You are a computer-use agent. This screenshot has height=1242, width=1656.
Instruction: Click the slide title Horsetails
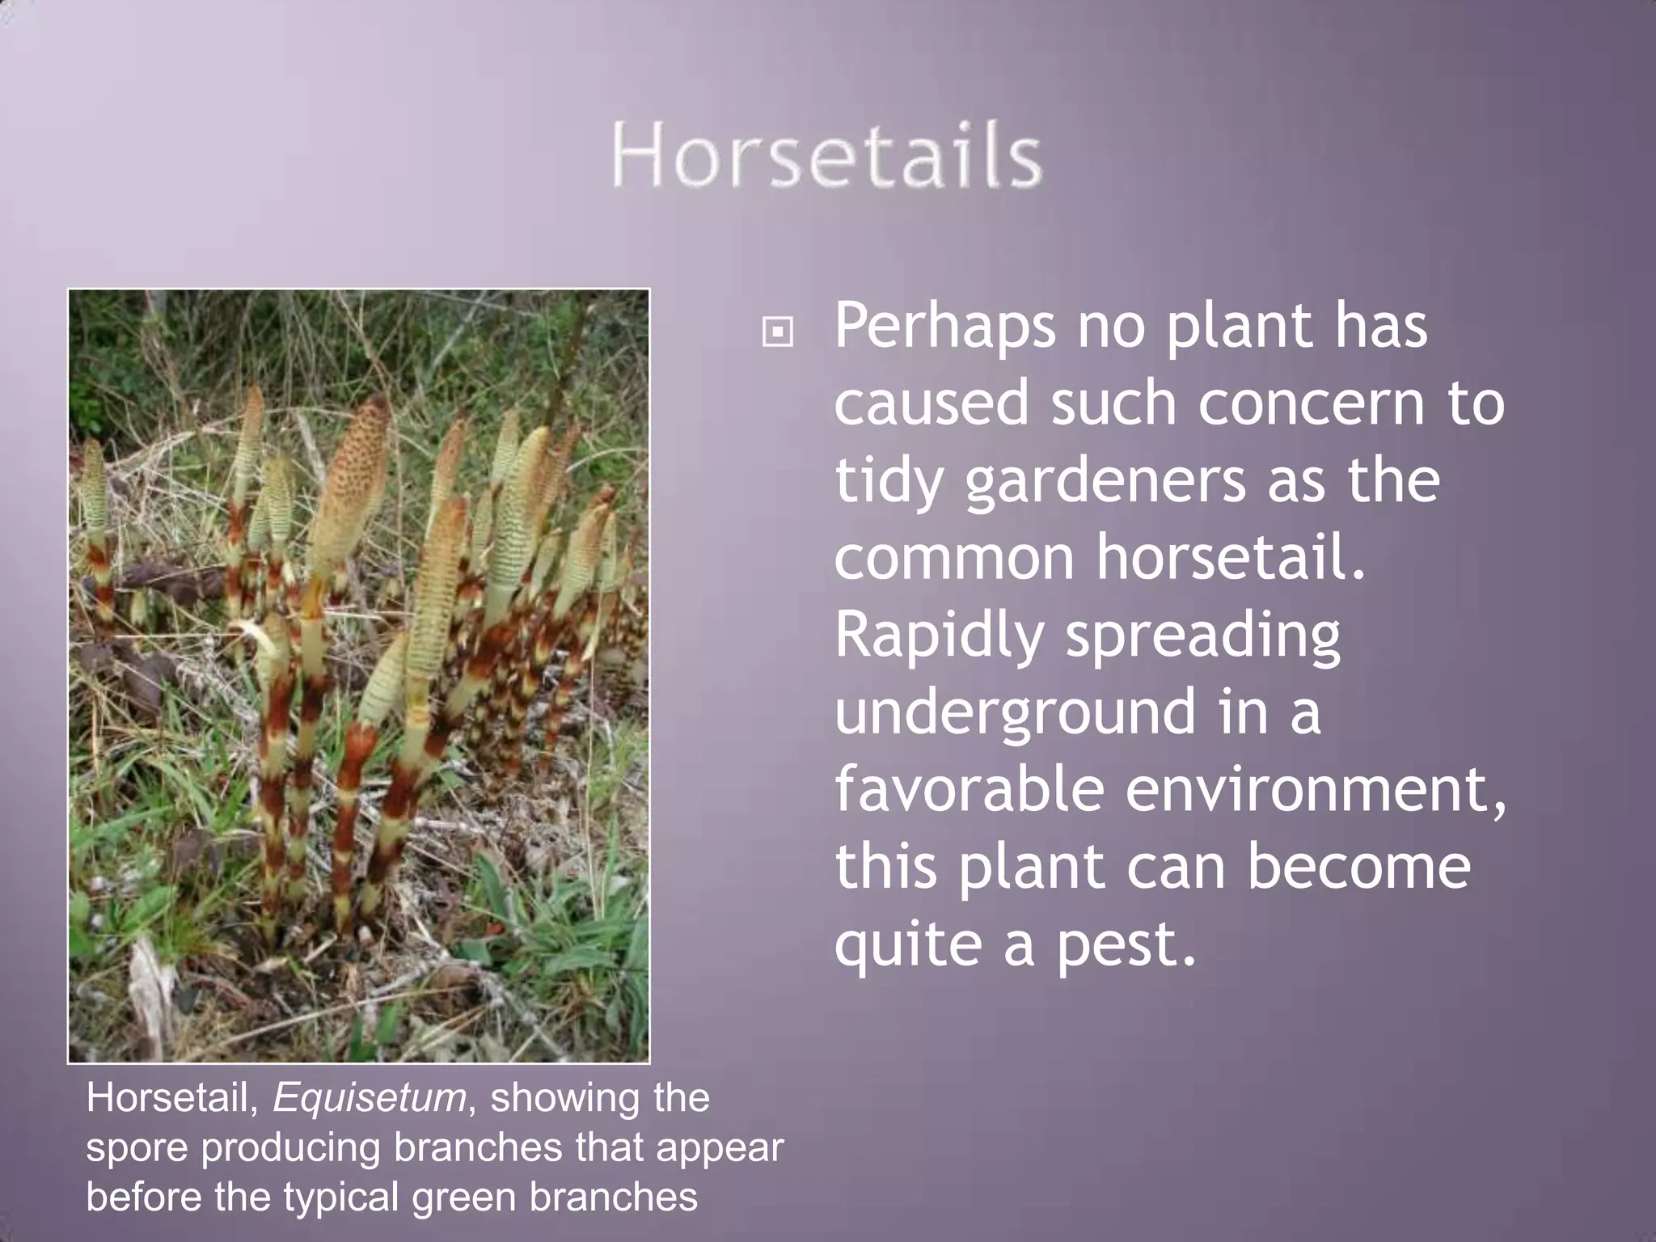(826, 155)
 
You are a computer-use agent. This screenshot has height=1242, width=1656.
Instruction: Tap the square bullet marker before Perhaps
(777, 332)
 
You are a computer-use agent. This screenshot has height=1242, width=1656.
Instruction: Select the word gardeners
(1105, 482)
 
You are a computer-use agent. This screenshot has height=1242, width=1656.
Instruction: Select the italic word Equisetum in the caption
(370, 1097)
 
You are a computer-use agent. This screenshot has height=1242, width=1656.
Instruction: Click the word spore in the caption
(136, 1148)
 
